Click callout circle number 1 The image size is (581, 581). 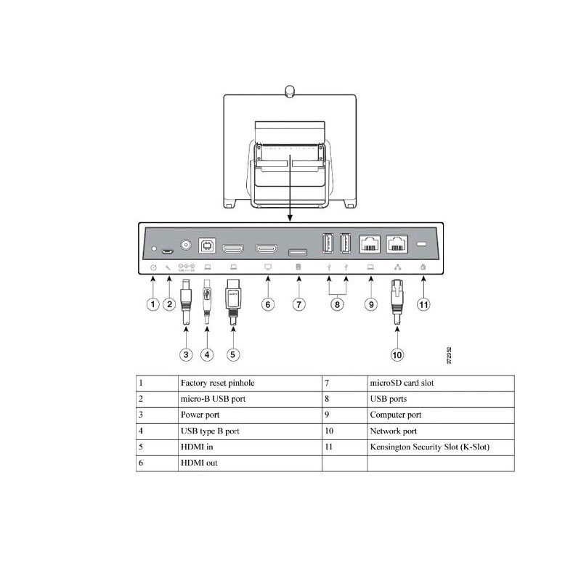pos(153,304)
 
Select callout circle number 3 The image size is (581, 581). pos(187,355)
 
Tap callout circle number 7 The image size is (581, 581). pos(298,304)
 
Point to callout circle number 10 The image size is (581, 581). pos(397,355)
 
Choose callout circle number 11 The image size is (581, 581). pos(424,304)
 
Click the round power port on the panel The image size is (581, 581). pos(187,245)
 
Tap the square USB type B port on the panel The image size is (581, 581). pos(207,245)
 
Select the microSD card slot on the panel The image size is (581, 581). pos(298,252)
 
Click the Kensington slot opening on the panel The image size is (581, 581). pos(423,245)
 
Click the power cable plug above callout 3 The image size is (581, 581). pos(187,290)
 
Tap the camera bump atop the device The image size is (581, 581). pos(290,91)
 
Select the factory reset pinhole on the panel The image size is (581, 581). pos(154,248)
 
